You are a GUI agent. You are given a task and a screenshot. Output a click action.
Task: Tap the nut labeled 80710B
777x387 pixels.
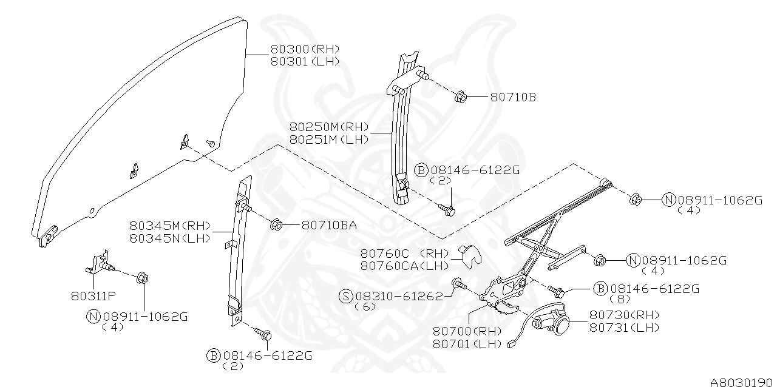[x=461, y=96]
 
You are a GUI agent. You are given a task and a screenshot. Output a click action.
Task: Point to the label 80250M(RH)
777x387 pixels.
[x=329, y=127]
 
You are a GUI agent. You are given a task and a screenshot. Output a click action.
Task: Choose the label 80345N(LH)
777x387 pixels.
[x=169, y=238]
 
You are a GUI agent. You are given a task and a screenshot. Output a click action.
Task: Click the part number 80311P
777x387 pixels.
[x=93, y=297]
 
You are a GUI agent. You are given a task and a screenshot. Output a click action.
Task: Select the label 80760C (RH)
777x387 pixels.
[x=404, y=254]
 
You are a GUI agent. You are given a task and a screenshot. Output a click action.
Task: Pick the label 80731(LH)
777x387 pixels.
[x=624, y=327]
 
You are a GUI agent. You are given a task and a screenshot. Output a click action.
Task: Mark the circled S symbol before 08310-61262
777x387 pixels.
[x=346, y=296]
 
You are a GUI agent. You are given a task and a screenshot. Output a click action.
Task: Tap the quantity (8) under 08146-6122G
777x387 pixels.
[x=622, y=300]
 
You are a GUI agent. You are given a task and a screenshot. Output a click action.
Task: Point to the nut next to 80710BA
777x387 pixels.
[x=274, y=224]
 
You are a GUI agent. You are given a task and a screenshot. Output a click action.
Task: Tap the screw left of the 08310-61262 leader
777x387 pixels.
[x=458, y=284]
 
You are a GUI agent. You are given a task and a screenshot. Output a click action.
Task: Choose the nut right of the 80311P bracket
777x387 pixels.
[x=142, y=278]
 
